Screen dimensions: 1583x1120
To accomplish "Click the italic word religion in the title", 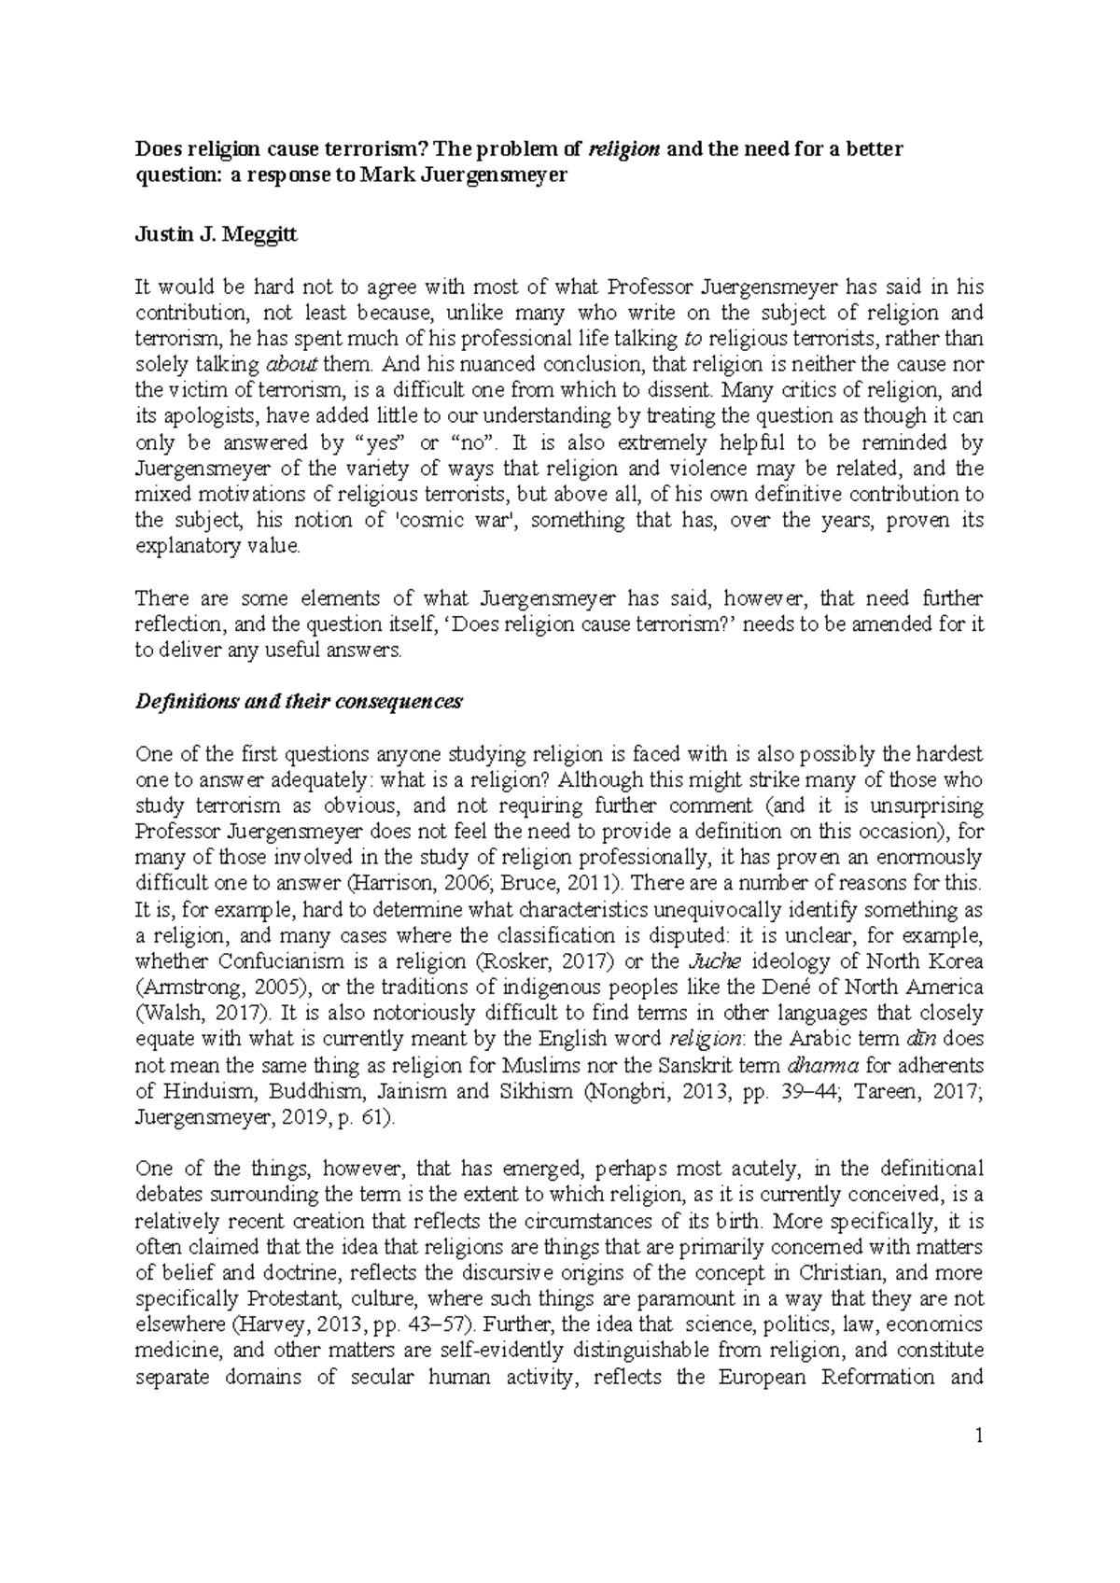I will (x=627, y=149).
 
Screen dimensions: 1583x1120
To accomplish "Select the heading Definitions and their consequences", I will (x=298, y=702).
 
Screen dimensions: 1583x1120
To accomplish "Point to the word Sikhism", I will (x=533, y=1091).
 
